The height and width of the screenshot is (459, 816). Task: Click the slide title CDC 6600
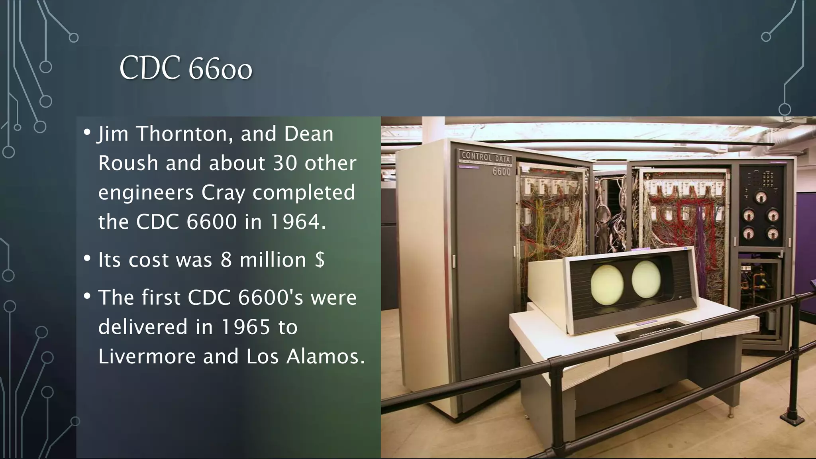tap(186, 68)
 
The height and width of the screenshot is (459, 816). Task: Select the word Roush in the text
tap(128, 163)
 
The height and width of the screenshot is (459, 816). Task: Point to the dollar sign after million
tap(320, 260)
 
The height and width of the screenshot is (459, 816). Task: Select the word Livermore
tap(147, 356)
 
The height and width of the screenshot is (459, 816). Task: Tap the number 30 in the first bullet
tap(285, 163)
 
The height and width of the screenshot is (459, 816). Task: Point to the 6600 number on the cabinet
tap(501, 172)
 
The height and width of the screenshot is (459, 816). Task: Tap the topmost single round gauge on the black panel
tap(761, 197)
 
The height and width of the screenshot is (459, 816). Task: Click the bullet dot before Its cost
tap(87, 259)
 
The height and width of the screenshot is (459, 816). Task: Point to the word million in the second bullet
tap(273, 260)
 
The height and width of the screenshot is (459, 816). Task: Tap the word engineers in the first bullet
tap(146, 193)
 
